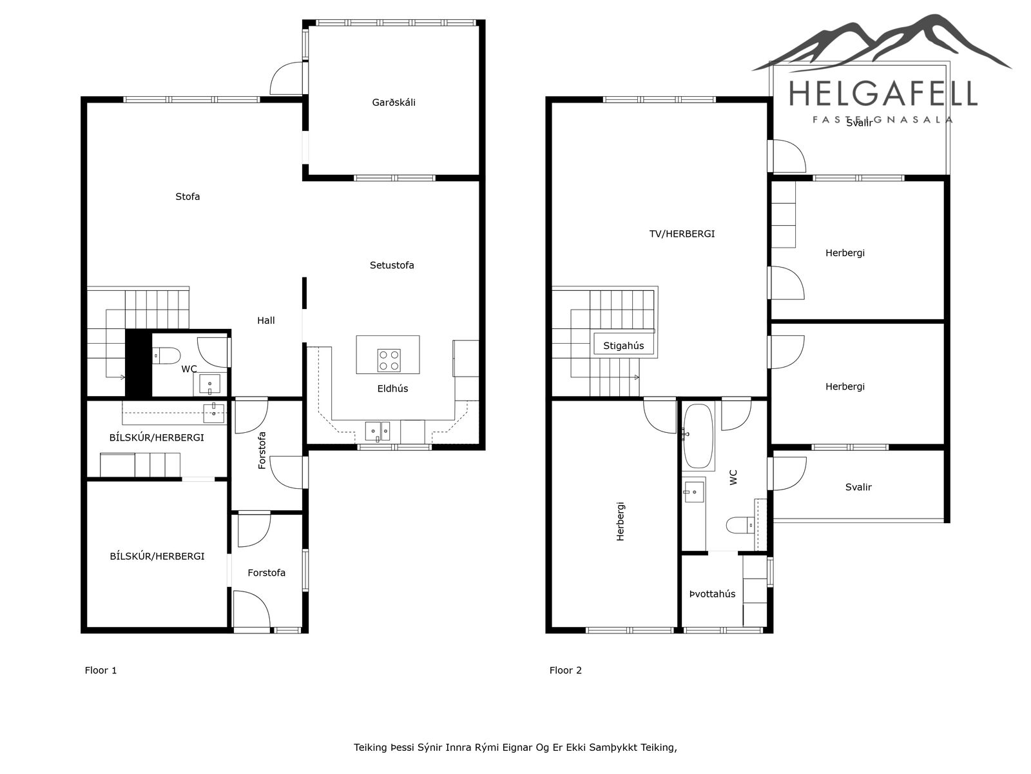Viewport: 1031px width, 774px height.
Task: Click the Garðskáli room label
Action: point(394,103)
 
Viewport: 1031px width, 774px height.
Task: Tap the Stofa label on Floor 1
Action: point(188,197)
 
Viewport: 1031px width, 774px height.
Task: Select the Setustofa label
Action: point(392,265)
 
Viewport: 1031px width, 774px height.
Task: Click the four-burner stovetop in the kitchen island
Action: point(389,361)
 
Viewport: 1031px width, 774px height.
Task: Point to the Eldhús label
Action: point(392,389)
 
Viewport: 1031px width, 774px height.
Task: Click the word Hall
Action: point(266,321)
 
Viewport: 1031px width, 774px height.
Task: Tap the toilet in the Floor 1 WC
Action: point(167,356)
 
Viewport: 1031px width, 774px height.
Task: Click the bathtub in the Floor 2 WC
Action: point(699,436)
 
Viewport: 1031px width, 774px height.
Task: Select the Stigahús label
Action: point(623,346)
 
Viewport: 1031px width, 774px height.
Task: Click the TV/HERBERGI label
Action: point(682,233)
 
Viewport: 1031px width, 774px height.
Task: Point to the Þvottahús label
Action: point(712,594)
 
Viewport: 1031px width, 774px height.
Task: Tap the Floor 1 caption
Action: point(101,670)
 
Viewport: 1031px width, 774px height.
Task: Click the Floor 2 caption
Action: point(566,670)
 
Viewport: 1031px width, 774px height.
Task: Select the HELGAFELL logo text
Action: point(883,94)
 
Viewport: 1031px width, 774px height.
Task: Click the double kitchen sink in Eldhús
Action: point(378,432)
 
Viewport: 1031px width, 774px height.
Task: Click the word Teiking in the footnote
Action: point(371,748)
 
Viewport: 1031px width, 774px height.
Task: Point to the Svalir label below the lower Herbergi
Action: point(858,488)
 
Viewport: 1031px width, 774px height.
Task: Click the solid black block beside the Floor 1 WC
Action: point(139,364)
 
